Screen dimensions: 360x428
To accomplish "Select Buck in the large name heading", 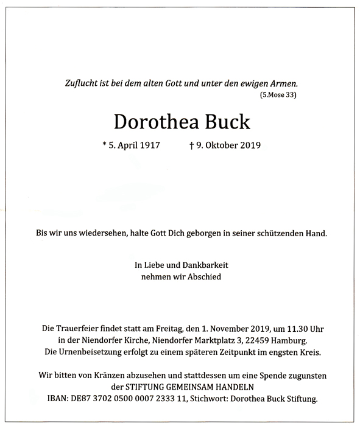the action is (x=228, y=122).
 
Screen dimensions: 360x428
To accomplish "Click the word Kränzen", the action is (x=107, y=376).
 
